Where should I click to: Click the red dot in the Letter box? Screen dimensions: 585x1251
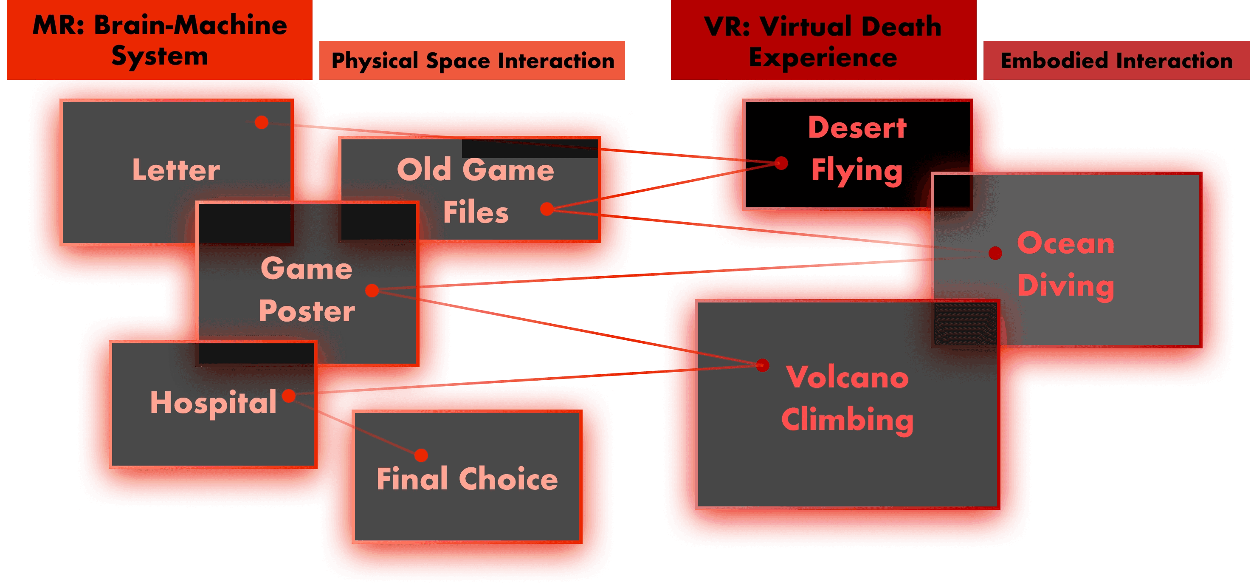click(261, 122)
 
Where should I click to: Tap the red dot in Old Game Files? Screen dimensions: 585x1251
click(547, 209)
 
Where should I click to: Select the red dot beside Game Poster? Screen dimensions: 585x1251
click(372, 291)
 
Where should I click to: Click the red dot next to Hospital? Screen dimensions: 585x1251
click(289, 396)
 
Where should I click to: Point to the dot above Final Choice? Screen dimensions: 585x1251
click(421, 455)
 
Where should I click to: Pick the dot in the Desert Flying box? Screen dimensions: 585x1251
click(781, 163)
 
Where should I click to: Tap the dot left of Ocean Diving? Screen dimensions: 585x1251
click(995, 253)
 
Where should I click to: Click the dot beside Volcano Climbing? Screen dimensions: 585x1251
click(763, 365)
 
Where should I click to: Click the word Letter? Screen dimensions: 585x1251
click(176, 170)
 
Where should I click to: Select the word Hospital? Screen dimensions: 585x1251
click(213, 403)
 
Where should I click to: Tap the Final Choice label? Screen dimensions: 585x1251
click(467, 479)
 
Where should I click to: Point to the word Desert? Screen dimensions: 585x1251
click(857, 128)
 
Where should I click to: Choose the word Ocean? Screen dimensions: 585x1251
click(1065, 243)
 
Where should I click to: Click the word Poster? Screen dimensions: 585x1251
click(307, 311)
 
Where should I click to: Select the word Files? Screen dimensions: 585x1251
click(476, 212)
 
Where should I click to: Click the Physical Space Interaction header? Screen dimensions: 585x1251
click(473, 61)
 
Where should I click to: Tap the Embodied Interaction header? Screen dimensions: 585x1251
click(1116, 61)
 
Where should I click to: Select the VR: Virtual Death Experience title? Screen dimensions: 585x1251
click(823, 41)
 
